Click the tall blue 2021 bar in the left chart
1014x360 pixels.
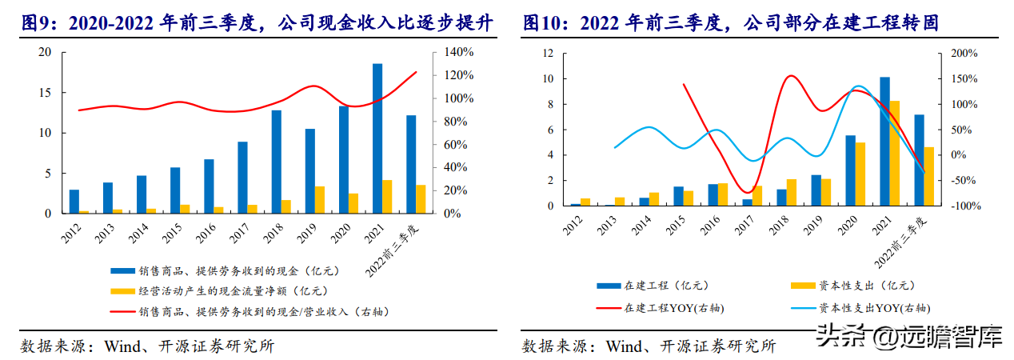(377, 138)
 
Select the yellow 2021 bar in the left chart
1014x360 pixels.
(388, 197)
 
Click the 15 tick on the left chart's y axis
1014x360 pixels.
(45, 93)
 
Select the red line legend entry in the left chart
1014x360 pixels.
(256, 311)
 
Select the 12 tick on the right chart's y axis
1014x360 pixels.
(548, 54)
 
